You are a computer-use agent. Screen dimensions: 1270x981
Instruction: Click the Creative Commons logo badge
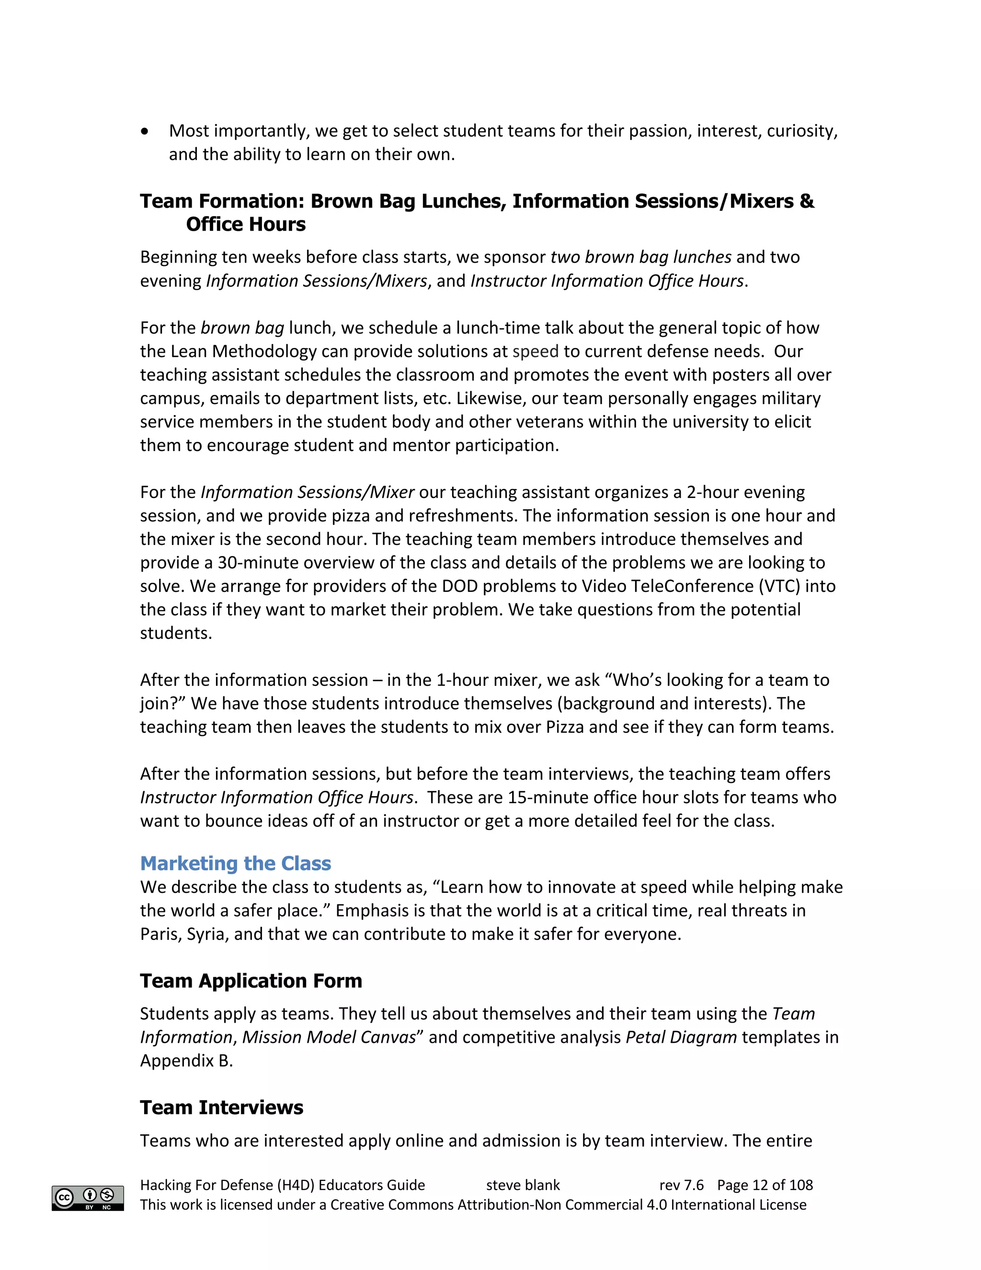click(x=88, y=1198)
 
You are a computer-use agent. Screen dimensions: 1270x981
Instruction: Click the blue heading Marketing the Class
click(x=235, y=863)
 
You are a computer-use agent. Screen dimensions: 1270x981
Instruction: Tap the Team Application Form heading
click(x=251, y=981)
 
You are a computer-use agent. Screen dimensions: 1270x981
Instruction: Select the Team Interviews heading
click(x=221, y=1107)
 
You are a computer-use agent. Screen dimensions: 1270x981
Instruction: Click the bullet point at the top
click(x=145, y=131)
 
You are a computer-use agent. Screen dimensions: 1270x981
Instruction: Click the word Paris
click(x=160, y=934)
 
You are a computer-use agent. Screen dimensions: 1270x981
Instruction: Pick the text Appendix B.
click(x=186, y=1061)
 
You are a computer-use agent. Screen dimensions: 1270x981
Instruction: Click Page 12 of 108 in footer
click(x=765, y=1185)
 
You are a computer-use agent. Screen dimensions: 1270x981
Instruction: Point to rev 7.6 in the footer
click(x=681, y=1185)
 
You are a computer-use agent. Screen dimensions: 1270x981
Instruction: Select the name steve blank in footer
click(x=523, y=1185)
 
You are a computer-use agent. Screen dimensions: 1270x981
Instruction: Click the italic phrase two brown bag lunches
click(x=640, y=257)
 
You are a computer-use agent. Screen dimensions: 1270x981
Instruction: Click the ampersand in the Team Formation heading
click(x=807, y=201)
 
